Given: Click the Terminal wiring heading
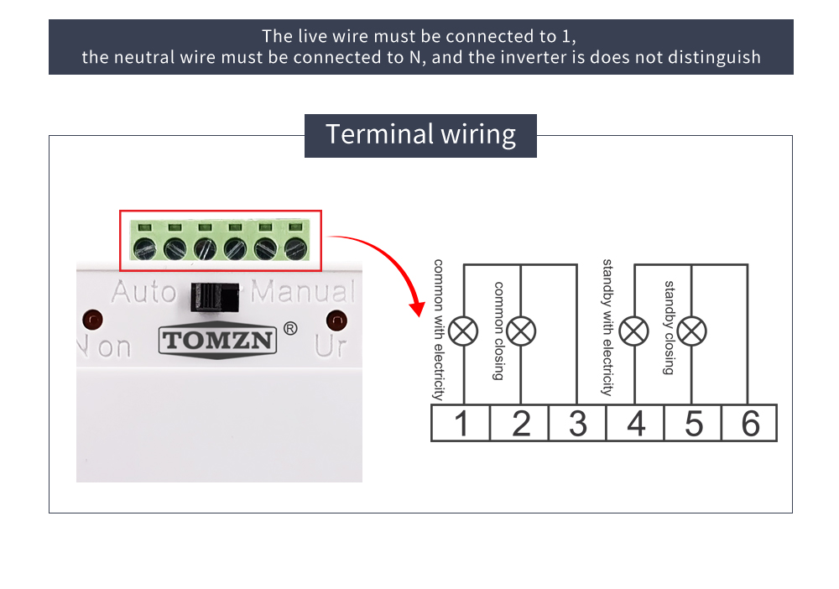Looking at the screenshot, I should [420, 134].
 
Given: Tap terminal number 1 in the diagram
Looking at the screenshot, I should [461, 423].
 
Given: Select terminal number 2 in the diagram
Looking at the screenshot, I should [520, 423].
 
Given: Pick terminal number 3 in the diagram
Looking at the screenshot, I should [577, 423].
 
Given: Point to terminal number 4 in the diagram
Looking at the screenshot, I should [636, 423].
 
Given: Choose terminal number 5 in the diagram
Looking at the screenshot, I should [693, 423].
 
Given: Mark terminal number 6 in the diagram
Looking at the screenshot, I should [750, 423].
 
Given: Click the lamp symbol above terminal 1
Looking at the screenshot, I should [462, 331].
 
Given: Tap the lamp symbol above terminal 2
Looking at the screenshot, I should [521, 331].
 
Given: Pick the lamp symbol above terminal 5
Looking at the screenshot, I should [692, 331].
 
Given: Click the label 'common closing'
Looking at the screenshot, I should [498, 331].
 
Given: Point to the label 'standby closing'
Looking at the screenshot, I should [670, 327].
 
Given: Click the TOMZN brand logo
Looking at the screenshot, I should [217, 341].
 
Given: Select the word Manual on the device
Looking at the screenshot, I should [303, 292].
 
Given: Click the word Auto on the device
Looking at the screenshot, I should [143, 292].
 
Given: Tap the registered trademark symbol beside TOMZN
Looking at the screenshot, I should [290, 328].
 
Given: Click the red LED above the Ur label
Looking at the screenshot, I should [336, 320].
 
